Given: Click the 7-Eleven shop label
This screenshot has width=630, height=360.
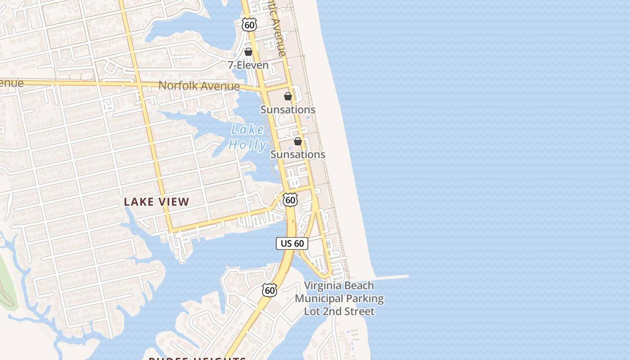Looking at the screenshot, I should point(248,65).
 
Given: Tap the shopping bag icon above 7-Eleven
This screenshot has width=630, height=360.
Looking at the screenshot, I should point(248,52).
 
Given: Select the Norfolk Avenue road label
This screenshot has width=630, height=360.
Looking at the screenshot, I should point(199,85).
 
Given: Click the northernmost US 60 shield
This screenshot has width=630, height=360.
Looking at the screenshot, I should point(249,25).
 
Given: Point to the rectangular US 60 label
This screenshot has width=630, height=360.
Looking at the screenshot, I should point(292,243).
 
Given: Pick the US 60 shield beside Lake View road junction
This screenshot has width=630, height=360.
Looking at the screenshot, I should point(291,200).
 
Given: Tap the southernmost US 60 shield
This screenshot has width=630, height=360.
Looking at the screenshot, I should point(270,290).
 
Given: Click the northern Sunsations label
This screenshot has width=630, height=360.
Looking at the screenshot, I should point(288,110).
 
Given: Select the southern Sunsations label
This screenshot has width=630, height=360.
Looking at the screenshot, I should point(297,154).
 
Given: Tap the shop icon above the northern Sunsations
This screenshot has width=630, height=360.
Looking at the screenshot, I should point(288,96).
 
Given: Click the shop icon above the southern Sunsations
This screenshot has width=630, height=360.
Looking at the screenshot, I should point(298,141).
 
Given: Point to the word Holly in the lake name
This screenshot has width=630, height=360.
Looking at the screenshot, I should point(247,144).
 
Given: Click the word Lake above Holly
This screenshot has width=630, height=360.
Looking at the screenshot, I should point(247,130).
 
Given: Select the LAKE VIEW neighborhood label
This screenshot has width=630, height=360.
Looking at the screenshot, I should point(157,202).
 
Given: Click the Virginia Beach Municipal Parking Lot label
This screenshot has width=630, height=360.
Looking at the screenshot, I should point(339,298).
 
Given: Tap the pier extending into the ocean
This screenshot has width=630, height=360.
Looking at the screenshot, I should point(391,277).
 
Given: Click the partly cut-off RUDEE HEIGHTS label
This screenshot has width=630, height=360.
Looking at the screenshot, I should point(197,358).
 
